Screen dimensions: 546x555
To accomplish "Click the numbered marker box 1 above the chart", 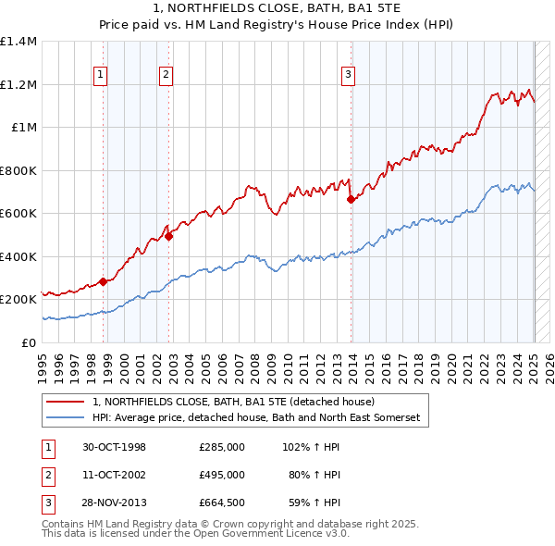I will tap(99, 76).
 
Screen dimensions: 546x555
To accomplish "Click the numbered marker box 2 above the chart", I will tap(165, 76).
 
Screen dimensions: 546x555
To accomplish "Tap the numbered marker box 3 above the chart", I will tap(348, 76).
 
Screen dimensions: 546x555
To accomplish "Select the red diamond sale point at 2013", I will tap(351, 199).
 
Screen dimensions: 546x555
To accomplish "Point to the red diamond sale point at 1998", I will tap(104, 281).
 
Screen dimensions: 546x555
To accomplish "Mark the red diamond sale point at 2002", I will tap(168, 236).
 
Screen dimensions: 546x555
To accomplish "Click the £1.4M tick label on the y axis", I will tap(18, 42).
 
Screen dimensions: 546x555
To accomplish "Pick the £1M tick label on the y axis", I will tap(24, 128).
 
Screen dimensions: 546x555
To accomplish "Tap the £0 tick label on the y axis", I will tap(30, 342).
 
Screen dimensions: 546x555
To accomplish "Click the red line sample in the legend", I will tap(67, 403).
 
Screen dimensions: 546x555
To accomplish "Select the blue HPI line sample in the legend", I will tap(67, 418).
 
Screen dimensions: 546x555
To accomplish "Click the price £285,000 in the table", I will tap(222, 447).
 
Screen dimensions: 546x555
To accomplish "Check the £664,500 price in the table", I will tap(222, 504).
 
